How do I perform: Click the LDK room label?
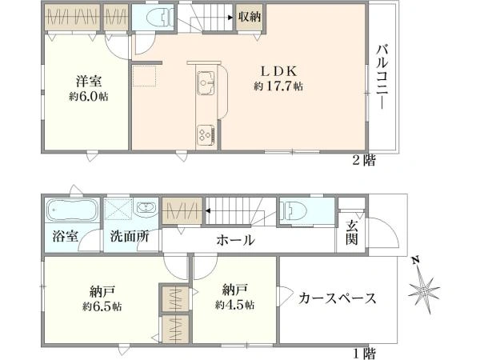tap(278, 72)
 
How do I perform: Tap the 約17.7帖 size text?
tap(278, 86)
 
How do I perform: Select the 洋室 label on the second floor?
tap(89, 82)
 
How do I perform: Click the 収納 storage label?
tap(250, 17)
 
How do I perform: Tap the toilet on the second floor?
tap(160, 17)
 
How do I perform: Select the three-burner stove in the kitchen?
tap(206, 135)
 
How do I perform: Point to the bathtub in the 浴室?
tap(72, 210)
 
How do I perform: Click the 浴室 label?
tap(65, 236)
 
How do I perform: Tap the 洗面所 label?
tap(130, 236)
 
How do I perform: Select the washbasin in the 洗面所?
tap(146, 208)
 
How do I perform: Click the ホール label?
tap(235, 240)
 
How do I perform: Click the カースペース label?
tap(338, 298)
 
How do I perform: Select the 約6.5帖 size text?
tap(102, 306)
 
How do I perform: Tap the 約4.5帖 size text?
tap(234, 305)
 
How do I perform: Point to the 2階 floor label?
tap(364, 160)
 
